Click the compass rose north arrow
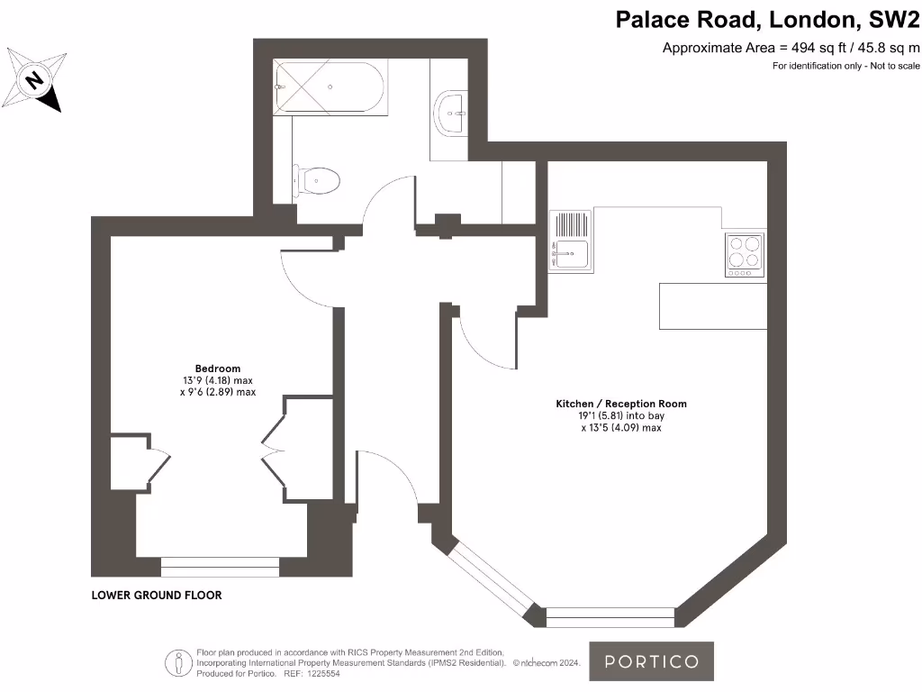click(x=35, y=80)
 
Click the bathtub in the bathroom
click(x=330, y=86)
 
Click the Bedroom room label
click(x=218, y=369)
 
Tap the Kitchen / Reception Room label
click(x=620, y=405)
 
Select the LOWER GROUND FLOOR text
click(x=157, y=596)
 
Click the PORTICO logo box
click(x=651, y=661)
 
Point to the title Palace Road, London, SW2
click(x=767, y=20)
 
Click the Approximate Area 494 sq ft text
click(x=791, y=49)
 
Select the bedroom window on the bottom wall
click(x=221, y=566)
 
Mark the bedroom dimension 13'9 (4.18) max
click(x=218, y=380)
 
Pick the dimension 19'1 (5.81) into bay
click(x=621, y=416)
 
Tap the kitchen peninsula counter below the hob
click(x=713, y=306)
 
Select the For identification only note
click(x=845, y=67)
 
